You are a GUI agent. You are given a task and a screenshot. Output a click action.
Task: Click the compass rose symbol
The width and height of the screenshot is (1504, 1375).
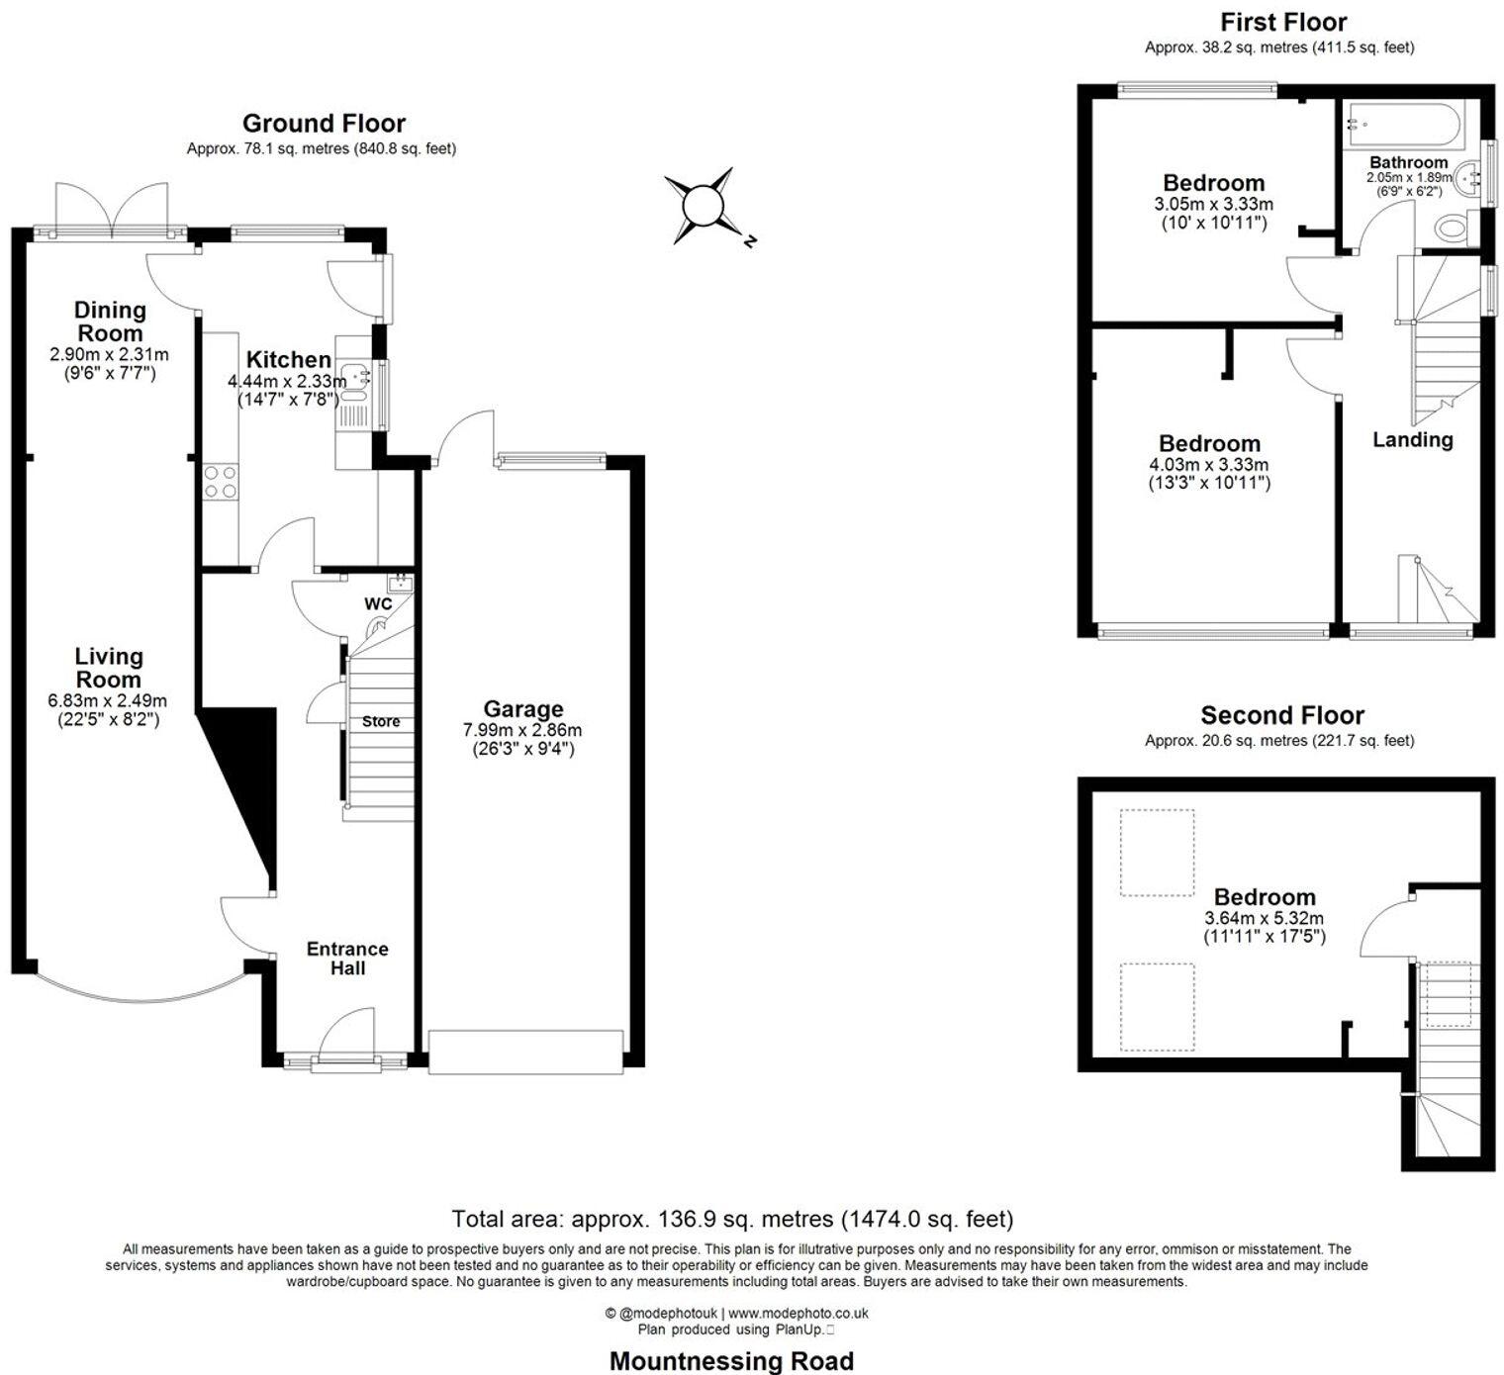(704, 206)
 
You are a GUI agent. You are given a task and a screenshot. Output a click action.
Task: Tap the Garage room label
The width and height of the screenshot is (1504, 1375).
(523, 708)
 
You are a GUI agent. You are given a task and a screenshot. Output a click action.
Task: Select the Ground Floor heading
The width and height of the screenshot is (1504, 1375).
(324, 123)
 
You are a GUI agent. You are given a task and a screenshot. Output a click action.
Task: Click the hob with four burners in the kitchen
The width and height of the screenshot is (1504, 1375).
(221, 482)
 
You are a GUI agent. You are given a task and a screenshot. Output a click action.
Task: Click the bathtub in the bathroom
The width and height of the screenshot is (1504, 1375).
(1403, 125)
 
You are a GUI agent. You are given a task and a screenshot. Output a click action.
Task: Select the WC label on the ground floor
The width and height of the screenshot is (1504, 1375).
(378, 603)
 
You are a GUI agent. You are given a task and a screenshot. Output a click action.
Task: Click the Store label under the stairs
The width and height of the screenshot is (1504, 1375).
(381, 721)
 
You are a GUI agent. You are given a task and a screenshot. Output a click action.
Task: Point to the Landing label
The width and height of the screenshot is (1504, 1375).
(1413, 440)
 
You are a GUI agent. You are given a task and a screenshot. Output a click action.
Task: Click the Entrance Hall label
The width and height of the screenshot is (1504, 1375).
(347, 959)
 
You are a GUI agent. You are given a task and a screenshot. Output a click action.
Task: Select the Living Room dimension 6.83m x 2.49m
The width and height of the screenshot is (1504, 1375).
(107, 701)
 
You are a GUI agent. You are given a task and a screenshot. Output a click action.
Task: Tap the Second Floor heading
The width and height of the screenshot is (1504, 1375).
(1282, 714)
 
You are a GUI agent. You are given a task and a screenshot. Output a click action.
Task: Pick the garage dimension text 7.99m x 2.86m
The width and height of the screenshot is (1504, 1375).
(522, 729)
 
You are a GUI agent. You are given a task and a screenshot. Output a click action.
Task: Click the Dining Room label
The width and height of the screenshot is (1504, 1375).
(110, 321)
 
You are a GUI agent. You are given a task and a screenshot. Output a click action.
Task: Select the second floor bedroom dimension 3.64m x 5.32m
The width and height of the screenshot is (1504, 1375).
(1265, 918)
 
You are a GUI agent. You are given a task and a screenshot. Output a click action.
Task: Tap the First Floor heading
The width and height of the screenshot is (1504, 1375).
(1283, 22)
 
